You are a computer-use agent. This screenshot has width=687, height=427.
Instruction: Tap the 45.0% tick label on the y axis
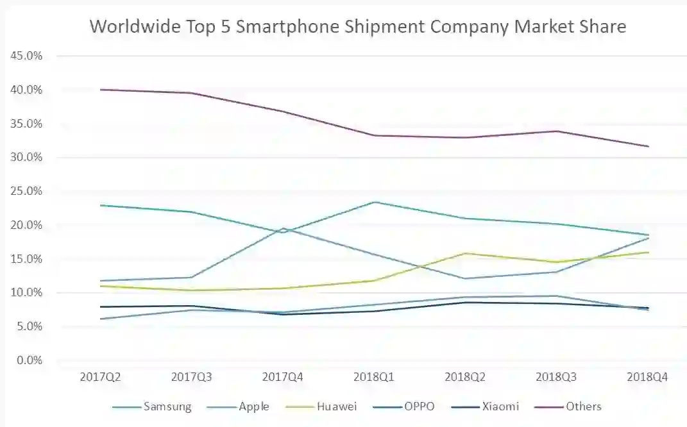26,56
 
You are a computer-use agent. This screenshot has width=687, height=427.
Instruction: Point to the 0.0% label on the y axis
29,360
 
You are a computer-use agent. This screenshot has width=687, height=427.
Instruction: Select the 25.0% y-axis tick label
26,191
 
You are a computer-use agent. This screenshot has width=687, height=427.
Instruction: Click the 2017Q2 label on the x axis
100,378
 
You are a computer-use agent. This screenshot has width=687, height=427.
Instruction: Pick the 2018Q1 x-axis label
374,378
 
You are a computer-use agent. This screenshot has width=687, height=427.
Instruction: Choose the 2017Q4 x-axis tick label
283,378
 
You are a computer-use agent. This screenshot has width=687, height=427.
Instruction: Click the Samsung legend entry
167,406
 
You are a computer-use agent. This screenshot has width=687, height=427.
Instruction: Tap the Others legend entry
584,406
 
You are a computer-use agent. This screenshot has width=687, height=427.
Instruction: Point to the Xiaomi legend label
500,406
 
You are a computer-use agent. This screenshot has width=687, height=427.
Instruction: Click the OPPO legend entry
419,406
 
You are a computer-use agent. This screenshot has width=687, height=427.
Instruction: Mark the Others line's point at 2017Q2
100,90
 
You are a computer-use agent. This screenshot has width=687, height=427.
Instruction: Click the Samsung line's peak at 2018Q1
374,202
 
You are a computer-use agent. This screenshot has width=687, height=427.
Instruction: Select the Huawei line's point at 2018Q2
466,253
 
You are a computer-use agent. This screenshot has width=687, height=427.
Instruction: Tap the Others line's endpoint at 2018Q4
649,146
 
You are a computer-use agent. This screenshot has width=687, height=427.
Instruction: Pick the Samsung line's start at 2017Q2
100,205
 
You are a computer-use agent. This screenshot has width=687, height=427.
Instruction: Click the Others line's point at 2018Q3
557,131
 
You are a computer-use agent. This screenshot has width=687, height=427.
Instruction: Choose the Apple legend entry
254,406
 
